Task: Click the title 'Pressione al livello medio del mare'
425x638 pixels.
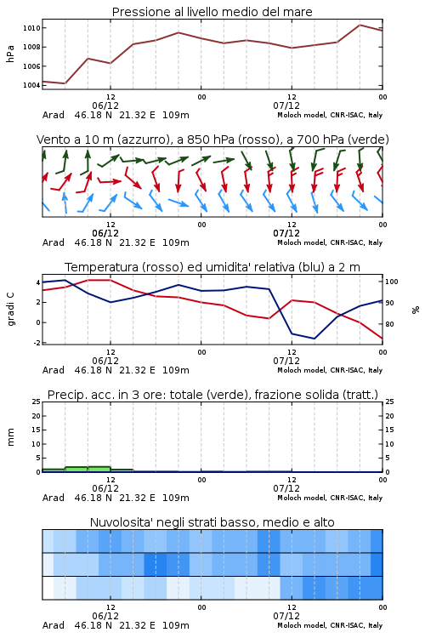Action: click(x=212, y=12)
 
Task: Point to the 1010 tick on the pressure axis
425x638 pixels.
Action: click(x=31, y=28)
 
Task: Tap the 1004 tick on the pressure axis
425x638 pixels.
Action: click(x=31, y=85)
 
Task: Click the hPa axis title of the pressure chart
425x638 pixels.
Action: click(x=10, y=54)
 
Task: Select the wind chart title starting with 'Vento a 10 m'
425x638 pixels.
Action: click(x=212, y=140)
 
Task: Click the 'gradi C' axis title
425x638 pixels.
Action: click(x=10, y=310)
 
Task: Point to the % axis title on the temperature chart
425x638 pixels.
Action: click(x=416, y=310)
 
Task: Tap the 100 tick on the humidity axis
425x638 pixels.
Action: click(x=392, y=282)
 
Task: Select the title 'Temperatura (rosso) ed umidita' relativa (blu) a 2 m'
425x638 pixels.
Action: click(x=212, y=267)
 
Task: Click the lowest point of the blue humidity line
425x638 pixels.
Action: click(x=314, y=339)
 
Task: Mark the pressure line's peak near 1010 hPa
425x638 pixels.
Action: click(x=360, y=25)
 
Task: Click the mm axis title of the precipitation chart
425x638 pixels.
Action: click(x=10, y=437)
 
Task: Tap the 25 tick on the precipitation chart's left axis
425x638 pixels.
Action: click(x=36, y=402)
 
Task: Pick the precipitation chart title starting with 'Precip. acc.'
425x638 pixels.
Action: click(x=212, y=395)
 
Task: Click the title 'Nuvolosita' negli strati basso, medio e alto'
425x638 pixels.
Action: click(x=212, y=522)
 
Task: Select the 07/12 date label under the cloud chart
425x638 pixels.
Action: click(x=286, y=616)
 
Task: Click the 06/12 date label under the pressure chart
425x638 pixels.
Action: click(x=105, y=105)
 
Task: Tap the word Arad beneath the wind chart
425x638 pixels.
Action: click(x=54, y=242)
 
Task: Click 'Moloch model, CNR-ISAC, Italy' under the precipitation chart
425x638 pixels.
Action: click(x=330, y=498)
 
